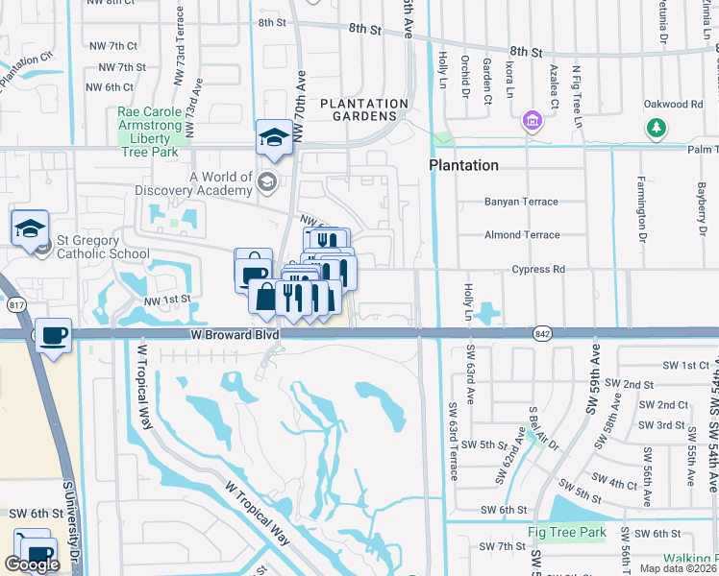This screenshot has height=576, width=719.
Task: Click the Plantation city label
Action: coord(463,165)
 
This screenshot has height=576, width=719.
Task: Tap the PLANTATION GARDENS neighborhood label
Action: coord(364,111)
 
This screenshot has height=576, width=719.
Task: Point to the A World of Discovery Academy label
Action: coord(221,183)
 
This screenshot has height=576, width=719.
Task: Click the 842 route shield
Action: coord(539,332)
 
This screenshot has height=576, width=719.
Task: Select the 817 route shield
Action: coord(16,304)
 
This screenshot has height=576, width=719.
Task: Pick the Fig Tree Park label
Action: coord(566,532)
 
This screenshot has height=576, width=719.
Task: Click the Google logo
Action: coord(32,564)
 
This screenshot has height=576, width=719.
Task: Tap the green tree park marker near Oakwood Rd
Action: coord(657,128)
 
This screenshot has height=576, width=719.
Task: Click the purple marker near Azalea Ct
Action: coord(531,122)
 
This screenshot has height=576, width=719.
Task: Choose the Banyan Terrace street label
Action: coord(522,202)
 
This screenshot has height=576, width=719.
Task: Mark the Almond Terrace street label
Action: coord(522,235)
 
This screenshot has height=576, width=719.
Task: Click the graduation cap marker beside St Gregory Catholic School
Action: coord(30,228)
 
